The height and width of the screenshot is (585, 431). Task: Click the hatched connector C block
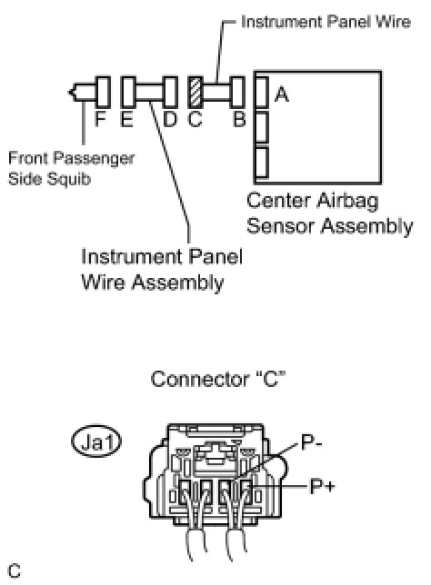tap(195, 92)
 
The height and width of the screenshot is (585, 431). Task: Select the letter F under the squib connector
tap(100, 119)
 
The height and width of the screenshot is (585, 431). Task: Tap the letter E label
tap(127, 119)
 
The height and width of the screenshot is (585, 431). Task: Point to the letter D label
tap(170, 119)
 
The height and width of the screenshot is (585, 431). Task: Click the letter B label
tap(239, 119)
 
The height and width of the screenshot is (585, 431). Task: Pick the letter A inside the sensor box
tap(281, 94)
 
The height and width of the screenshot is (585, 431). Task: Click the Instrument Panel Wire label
tap(326, 22)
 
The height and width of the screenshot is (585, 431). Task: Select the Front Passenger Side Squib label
tap(71, 169)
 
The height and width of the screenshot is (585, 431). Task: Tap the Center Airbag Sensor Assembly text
tap(329, 213)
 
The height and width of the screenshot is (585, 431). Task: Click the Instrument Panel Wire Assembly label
tap(162, 270)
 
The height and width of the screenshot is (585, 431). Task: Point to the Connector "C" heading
tap(218, 379)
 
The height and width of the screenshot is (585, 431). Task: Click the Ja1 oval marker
tap(96, 441)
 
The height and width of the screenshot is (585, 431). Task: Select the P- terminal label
tap(312, 443)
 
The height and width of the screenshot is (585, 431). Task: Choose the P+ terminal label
tap(323, 487)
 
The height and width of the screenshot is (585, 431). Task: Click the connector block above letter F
tap(103, 92)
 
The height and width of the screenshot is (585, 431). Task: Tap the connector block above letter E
tap(128, 92)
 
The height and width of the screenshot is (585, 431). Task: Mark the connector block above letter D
tap(170, 92)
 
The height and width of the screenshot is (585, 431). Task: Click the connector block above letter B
tap(237, 92)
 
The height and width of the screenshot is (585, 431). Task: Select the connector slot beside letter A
tap(262, 92)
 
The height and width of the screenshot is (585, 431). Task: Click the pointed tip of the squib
tap(69, 92)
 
